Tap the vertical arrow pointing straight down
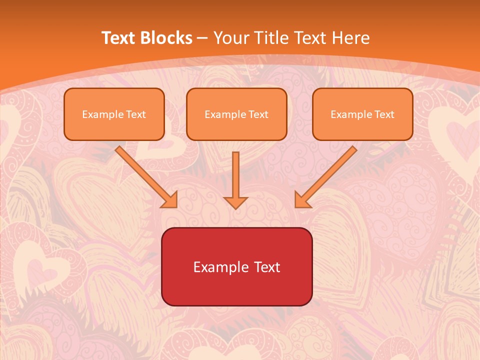point(235,175)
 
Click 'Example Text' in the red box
point(236,267)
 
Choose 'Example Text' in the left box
point(114,114)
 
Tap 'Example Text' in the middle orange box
point(236,114)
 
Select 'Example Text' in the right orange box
point(362,114)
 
